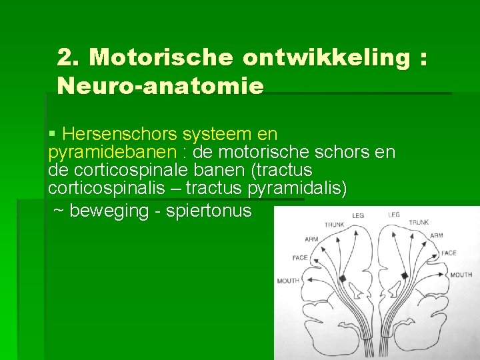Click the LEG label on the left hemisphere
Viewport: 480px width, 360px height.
(x=358, y=216)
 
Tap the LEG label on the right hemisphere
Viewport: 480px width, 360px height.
(x=394, y=215)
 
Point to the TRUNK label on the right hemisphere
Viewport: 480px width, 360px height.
(x=419, y=222)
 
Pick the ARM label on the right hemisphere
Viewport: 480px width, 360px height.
(x=437, y=235)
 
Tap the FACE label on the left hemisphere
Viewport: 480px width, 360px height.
(x=299, y=258)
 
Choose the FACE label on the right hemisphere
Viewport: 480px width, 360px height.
(x=449, y=253)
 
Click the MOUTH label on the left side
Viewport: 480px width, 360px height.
(x=288, y=281)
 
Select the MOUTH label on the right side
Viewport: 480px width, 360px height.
(x=461, y=275)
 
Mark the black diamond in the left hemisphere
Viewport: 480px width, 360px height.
(x=343, y=278)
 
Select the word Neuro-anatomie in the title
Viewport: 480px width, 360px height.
(x=161, y=86)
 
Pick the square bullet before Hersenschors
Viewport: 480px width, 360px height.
(x=53, y=135)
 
